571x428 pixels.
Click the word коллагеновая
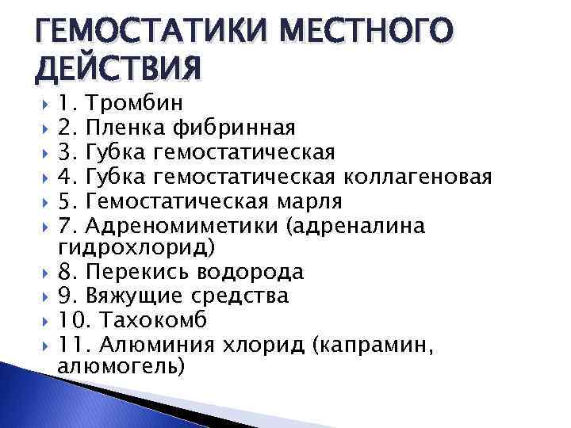pos(418,175)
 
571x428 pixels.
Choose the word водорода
pos(253,272)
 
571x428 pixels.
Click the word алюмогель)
pos(121,368)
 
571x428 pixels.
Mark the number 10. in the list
pos(75,320)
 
